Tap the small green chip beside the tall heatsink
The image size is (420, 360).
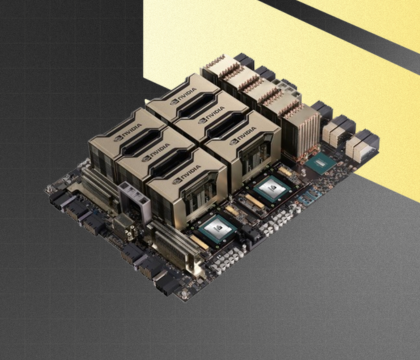coord(319,161)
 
